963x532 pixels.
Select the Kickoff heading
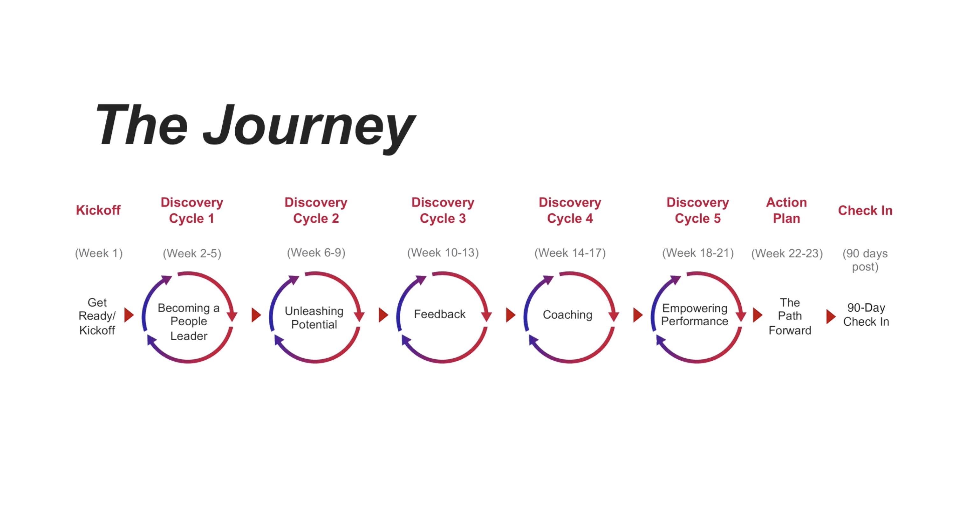(x=98, y=210)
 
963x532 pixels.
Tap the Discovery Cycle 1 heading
(x=192, y=210)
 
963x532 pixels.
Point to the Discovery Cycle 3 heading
(x=443, y=210)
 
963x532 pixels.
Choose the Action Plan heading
(x=787, y=210)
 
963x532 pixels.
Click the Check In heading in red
(x=865, y=211)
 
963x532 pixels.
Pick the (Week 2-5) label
(x=192, y=254)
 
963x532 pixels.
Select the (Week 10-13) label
(x=443, y=253)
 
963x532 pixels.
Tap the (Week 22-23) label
(x=787, y=254)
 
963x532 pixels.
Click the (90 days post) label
(x=865, y=260)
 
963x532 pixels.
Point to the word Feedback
(x=440, y=314)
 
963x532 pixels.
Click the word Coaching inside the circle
(x=567, y=315)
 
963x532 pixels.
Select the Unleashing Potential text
(x=314, y=318)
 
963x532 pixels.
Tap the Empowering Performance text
(x=695, y=315)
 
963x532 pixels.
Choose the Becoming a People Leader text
(x=189, y=322)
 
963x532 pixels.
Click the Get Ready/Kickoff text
(x=97, y=316)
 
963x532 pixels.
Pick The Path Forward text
(x=789, y=316)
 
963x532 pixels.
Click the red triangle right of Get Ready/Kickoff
(x=129, y=315)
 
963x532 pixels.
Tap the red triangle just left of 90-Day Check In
(x=831, y=317)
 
